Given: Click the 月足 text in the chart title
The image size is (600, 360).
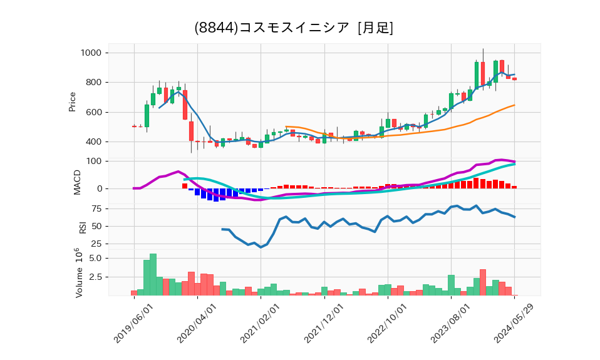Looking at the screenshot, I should coord(375,28).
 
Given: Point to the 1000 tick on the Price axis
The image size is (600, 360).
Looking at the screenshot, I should coord(92,53).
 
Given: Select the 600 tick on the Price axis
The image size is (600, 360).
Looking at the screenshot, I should coord(95,112).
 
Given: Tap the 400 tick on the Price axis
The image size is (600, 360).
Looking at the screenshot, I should coord(95,141).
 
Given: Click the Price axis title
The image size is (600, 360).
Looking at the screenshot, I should coord(72,101).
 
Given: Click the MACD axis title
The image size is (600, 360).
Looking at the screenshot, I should coord(78,182).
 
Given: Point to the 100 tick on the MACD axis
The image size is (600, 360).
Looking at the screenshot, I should coord(95,161).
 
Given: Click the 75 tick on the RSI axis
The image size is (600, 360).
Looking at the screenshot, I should coord(97,208).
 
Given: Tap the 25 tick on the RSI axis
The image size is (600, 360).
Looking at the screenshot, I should coord(97,244).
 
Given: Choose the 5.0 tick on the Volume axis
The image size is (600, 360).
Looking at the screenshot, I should coord(95,258).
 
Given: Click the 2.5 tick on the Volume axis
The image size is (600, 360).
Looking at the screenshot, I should coord(95,277).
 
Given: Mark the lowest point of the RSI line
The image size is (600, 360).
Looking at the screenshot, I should coord(261,247).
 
